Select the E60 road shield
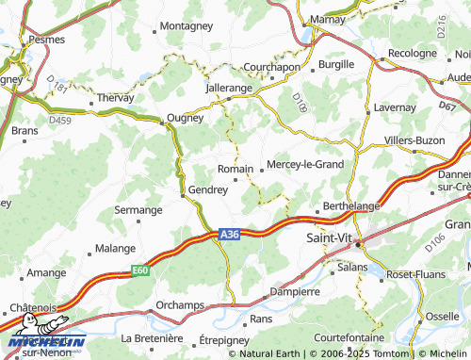point(140,270)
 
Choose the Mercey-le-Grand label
point(305,164)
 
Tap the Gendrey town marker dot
point(183,195)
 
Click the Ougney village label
point(184,118)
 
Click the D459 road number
point(60,120)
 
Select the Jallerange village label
point(230,87)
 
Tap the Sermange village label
point(138,210)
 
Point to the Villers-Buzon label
point(414,140)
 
